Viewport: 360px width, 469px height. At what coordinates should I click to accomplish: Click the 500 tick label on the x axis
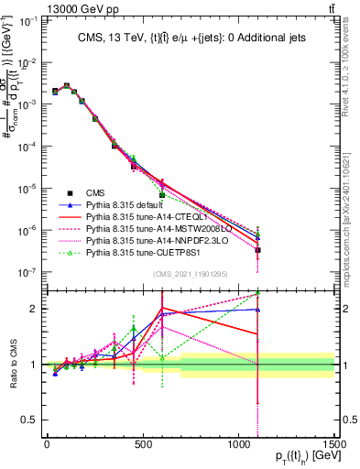pyautogui.click(x=143, y=442)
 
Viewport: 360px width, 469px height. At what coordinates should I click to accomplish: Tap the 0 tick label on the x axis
pyautogui.click(x=47, y=442)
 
